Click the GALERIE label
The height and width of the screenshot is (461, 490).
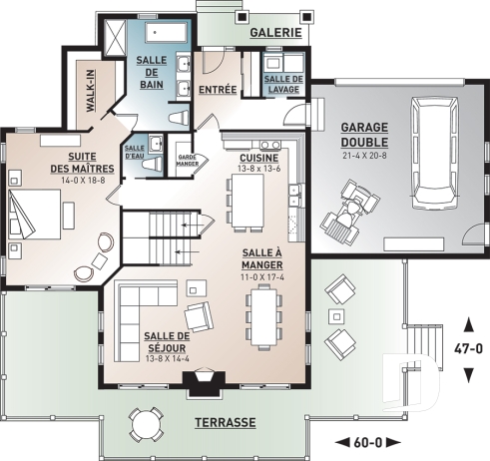275,32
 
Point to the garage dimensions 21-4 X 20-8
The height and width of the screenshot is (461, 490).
364,156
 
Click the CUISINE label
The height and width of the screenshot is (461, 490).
257,158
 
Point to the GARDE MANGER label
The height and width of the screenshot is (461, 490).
186,160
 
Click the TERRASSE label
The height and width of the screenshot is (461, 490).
225,421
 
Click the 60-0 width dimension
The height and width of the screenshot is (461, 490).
368,441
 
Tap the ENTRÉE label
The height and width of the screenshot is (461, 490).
218,90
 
